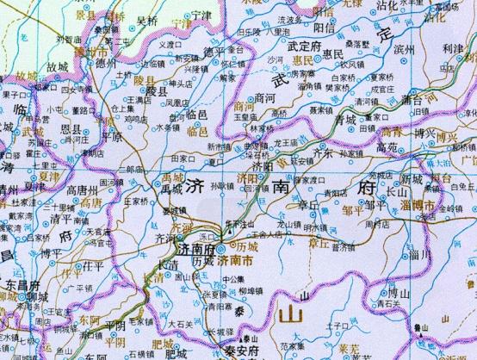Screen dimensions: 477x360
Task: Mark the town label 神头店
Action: click(183, 84)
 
